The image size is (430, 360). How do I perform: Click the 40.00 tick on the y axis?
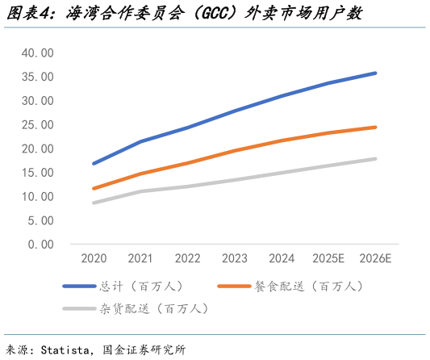tap(37, 53)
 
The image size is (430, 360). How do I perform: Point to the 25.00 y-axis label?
tap(37, 125)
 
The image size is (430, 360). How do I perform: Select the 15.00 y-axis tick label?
tap(37, 173)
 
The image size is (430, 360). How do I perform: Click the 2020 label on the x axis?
tap(94, 259)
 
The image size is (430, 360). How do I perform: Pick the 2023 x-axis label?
tap(235, 259)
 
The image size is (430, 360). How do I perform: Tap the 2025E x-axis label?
tap(328, 259)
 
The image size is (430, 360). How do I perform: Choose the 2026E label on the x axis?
tap(375, 259)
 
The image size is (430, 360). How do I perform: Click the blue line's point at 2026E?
tap(375, 73)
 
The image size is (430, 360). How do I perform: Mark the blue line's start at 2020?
tap(94, 163)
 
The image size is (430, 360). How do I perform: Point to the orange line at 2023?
tap(235, 150)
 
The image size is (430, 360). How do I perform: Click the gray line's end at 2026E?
tap(375, 159)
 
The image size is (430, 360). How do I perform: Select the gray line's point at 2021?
tap(141, 191)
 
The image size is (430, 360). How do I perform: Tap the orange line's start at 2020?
tap(94, 188)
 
